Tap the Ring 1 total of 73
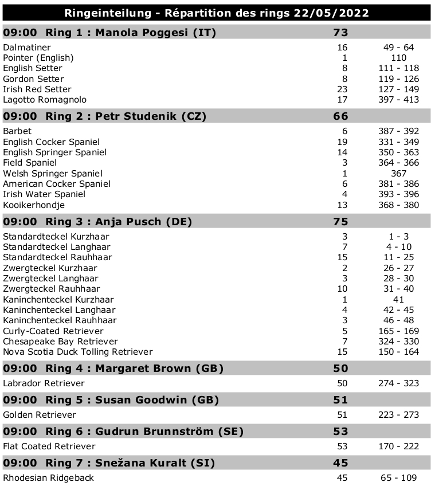click(340, 33)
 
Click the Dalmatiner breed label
click(27, 48)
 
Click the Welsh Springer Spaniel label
click(53, 173)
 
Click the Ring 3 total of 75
click(340, 222)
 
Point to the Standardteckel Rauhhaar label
click(57, 257)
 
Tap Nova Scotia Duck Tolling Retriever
click(78, 352)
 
